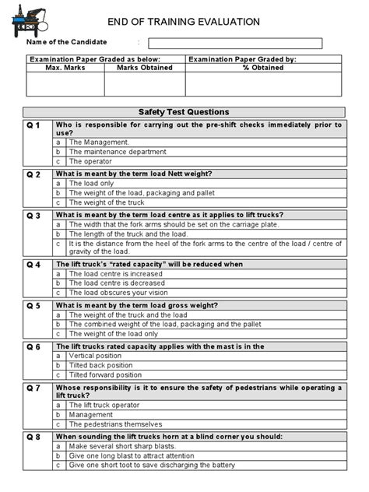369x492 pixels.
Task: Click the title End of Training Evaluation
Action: click(x=195, y=22)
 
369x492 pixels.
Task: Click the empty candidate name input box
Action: click(x=234, y=44)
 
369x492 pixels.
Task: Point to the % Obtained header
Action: click(x=262, y=68)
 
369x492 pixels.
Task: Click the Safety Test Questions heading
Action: click(x=184, y=112)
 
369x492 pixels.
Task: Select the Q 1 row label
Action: click(x=34, y=125)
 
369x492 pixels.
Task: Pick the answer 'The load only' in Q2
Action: click(x=91, y=184)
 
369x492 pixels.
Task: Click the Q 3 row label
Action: click(x=34, y=215)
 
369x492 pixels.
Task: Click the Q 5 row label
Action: click(x=34, y=305)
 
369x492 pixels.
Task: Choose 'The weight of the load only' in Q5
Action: click(x=113, y=333)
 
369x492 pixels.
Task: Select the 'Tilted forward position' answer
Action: click(x=105, y=374)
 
